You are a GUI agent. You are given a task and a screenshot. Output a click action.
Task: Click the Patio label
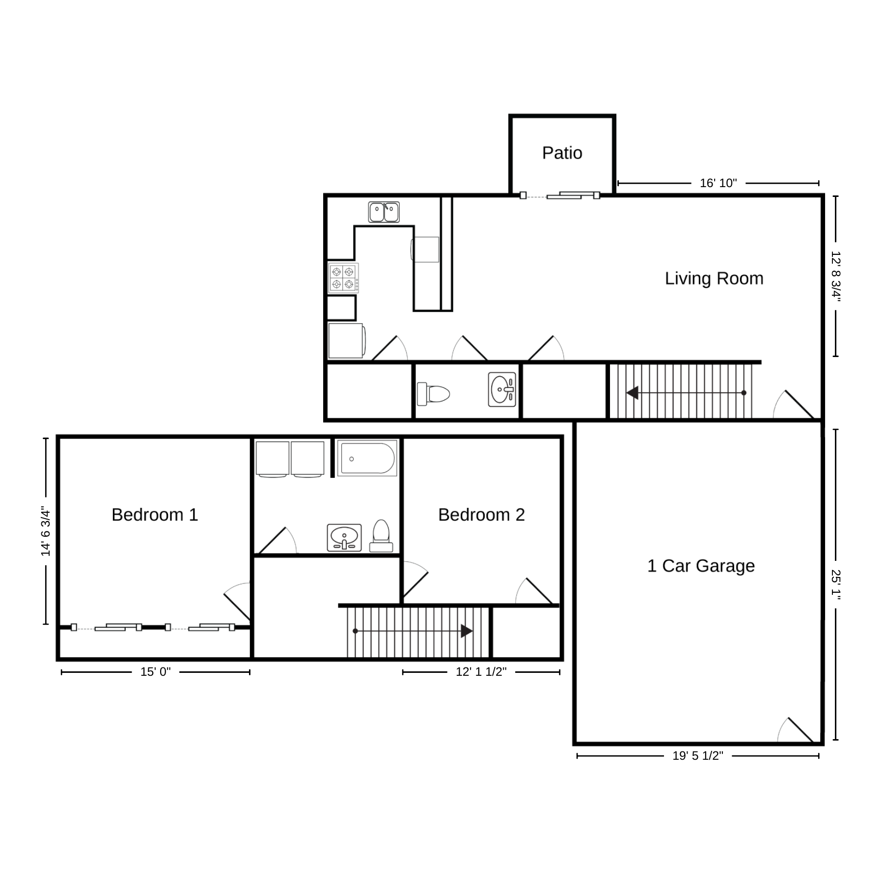[562, 153]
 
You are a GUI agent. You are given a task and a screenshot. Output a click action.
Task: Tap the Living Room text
[714, 278]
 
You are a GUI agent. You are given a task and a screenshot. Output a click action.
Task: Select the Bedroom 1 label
[155, 515]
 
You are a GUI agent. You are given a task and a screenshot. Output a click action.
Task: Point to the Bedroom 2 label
[481, 515]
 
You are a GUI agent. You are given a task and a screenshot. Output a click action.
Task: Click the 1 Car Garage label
[701, 566]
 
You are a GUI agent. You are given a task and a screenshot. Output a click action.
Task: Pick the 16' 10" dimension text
[718, 183]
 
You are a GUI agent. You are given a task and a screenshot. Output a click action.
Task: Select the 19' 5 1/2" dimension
[698, 756]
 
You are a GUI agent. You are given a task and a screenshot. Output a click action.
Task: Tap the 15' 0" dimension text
[156, 672]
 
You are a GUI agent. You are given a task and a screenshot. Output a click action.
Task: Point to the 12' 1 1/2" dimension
[481, 672]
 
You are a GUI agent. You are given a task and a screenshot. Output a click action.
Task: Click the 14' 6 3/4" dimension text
[46, 531]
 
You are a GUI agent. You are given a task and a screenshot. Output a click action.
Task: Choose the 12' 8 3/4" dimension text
[836, 276]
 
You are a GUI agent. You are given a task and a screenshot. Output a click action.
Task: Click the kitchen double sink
[384, 212]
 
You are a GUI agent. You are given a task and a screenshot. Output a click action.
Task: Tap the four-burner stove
[343, 278]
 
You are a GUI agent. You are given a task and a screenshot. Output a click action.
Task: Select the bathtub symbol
[367, 458]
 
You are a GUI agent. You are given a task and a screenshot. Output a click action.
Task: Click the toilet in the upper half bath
[434, 394]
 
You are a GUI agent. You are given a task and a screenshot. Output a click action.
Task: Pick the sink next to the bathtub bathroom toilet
[344, 537]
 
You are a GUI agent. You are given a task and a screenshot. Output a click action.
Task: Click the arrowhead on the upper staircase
[632, 393]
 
